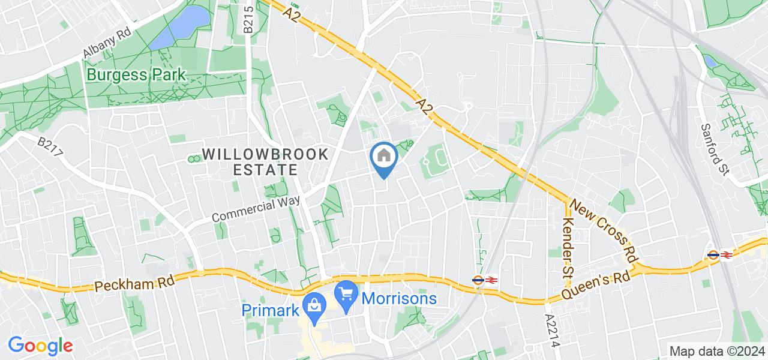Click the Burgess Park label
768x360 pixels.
[137, 76]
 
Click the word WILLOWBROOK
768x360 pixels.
[265, 154]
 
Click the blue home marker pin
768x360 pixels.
[384, 157]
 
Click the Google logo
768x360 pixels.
[40, 345]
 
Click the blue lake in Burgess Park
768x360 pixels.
[182, 27]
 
